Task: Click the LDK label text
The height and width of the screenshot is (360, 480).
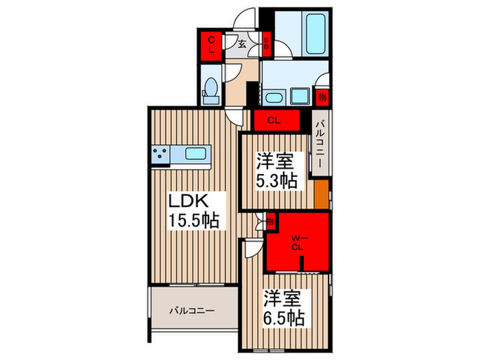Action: coord(198,203)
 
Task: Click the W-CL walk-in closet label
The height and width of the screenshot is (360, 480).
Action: coord(297,243)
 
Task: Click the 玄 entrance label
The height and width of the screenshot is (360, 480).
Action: coord(243,43)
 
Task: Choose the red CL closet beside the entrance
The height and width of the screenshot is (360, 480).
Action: coord(211,46)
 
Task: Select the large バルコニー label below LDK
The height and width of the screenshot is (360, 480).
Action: coord(193,311)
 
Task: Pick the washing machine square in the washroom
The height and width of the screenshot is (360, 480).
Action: coord(300,95)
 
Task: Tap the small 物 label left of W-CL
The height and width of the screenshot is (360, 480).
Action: coord(270,222)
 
